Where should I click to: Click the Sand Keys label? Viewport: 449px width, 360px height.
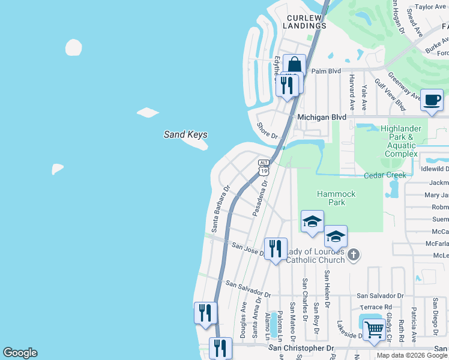(186, 135)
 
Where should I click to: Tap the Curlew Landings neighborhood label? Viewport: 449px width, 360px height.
(306, 22)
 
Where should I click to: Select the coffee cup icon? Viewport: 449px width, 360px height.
(432, 100)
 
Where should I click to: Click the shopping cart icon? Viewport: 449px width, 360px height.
(374, 329)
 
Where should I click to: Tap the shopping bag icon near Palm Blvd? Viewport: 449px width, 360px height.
(295, 65)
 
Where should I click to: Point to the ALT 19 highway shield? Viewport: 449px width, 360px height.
(264, 167)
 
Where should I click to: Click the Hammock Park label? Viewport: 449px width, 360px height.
(337, 198)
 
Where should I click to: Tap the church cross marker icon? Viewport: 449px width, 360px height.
(354, 255)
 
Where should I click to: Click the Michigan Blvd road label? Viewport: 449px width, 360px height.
(322, 117)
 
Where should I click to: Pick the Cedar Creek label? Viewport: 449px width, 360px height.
(385, 175)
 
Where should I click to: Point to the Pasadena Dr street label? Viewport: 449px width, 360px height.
(259, 201)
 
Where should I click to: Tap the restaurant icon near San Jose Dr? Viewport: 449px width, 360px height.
(276, 248)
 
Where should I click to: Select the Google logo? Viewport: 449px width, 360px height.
(20, 353)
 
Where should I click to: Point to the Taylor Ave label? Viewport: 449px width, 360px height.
(432, 7)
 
